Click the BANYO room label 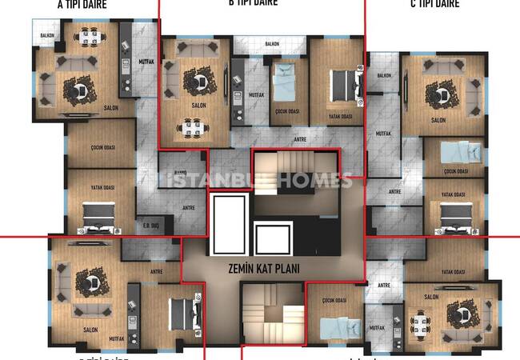point(180,174)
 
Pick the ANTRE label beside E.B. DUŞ point(189,208)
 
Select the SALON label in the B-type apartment point(198,105)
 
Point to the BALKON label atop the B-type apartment point(272,44)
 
